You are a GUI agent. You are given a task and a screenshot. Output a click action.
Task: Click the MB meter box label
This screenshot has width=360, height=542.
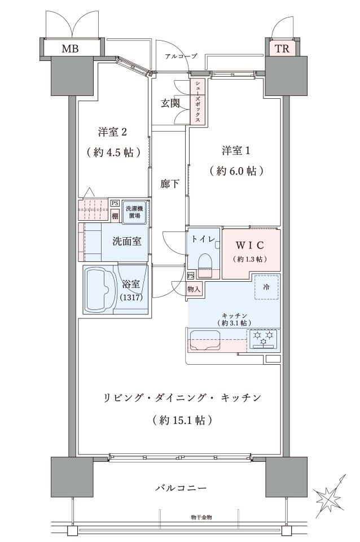(x=70, y=49)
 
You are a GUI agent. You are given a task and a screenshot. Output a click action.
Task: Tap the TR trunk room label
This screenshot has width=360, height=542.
(x=282, y=49)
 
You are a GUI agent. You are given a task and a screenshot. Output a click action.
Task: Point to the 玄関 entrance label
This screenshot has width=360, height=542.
(x=170, y=103)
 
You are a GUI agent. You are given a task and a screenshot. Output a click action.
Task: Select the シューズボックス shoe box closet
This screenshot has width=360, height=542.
(x=197, y=102)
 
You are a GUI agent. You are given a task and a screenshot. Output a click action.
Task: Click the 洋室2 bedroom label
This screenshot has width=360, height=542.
(x=113, y=132)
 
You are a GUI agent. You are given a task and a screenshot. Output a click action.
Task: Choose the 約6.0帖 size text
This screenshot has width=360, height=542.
(x=237, y=171)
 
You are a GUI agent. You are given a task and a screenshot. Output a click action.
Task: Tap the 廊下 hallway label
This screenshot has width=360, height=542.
(x=170, y=183)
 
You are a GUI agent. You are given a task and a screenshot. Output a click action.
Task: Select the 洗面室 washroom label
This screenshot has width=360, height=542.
(x=127, y=241)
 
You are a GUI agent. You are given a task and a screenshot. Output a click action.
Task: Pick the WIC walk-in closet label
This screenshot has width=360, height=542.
(x=250, y=245)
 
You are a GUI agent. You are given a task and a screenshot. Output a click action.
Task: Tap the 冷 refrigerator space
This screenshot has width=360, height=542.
(x=267, y=287)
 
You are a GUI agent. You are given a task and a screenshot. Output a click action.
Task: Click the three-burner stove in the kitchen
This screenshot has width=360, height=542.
(x=264, y=338)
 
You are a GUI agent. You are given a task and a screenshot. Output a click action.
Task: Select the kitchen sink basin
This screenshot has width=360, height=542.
(x=204, y=340)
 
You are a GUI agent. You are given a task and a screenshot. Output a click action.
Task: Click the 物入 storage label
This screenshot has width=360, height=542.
(x=194, y=289)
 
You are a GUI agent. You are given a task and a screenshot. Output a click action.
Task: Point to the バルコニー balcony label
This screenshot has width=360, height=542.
(x=181, y=488)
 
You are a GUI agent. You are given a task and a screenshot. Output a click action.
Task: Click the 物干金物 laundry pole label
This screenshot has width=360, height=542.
(x=201, y=518)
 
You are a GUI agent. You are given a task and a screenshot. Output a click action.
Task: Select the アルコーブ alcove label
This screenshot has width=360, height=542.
(x=181, y=56)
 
